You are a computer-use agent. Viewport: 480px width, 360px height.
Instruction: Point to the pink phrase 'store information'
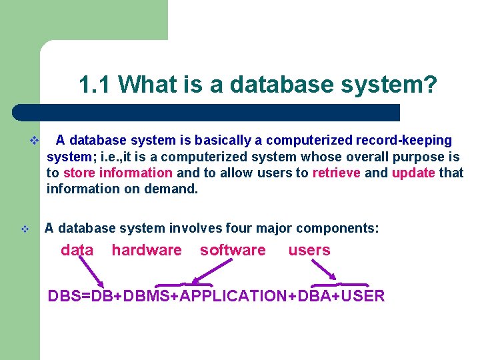118,173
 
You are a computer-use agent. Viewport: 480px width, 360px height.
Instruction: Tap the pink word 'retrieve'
336,173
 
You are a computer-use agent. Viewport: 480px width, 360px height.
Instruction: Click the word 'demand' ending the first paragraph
173,189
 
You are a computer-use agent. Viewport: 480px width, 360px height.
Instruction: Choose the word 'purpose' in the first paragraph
421,157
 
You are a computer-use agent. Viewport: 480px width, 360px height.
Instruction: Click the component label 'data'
77,251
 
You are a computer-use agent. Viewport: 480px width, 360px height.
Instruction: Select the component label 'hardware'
146,251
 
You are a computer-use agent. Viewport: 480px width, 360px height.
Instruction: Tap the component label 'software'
233,251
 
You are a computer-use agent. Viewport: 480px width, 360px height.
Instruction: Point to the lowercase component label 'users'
309,251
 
